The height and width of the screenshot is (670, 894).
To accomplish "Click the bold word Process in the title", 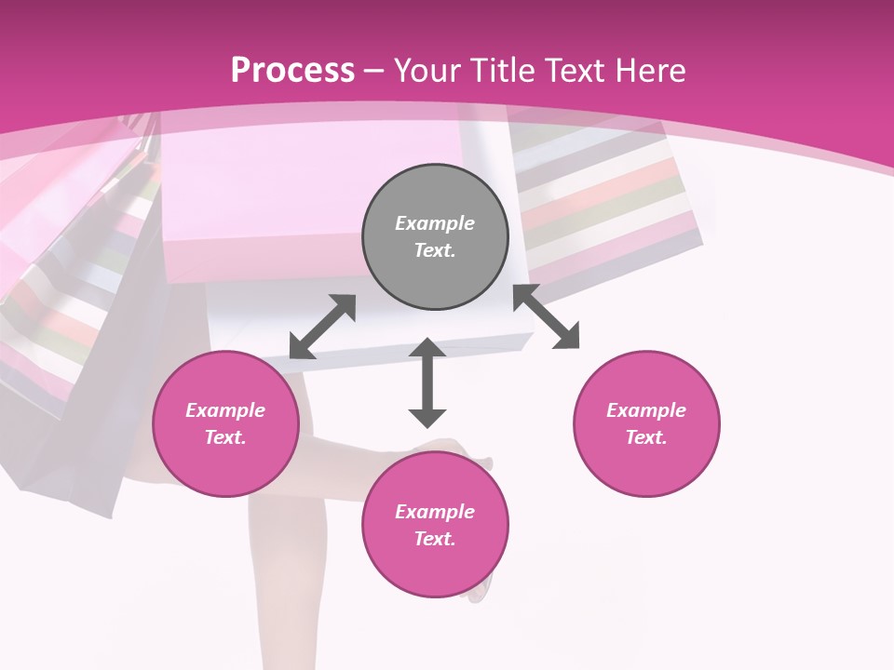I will click(292, 71).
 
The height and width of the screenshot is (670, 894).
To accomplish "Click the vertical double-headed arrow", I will click(427, 382).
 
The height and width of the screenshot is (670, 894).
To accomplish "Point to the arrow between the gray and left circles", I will click(322, 327).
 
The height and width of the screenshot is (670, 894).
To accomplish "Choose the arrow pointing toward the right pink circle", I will click(546, 317).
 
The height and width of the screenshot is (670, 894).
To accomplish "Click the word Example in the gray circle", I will click(435, 223).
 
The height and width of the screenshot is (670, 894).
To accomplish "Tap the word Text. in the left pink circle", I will click(225, 437).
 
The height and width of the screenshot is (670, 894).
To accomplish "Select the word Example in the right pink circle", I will click(646, 410).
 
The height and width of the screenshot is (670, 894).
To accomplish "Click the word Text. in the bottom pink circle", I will click(435, 539).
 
